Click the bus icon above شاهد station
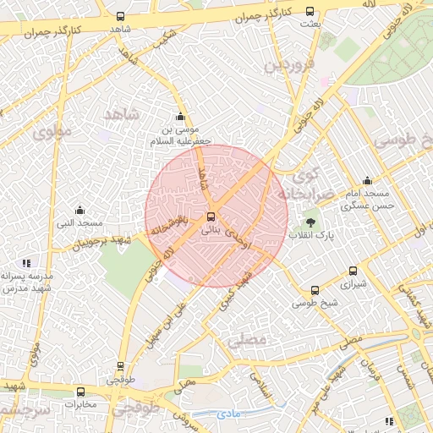tap(120, 16)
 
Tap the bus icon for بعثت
tap(310, 12)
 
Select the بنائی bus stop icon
tap(211, 216)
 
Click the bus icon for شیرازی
tap(354, 271)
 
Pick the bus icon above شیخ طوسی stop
tap(315, 289)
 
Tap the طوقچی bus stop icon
tap(119, 367)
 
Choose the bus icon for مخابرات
tap(80, 392)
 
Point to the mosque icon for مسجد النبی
tap(80, 210)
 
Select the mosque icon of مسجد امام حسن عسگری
tap(367, 180)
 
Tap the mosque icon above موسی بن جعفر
tap(179, 118)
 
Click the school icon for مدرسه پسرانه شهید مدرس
tap(27, 263)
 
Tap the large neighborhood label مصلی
tap(246, 340)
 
